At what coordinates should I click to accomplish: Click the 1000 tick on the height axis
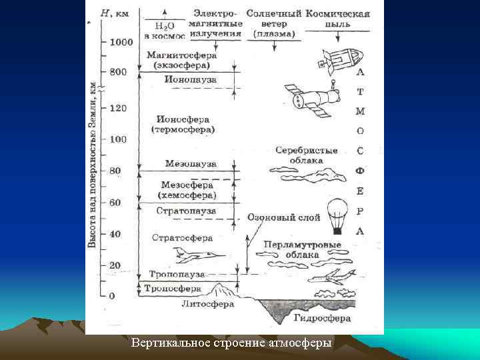click(x=121, y=42)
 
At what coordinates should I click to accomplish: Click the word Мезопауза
click(x=191, y=163)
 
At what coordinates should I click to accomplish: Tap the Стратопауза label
click(x=187, y=211)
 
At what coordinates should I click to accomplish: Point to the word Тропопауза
click(x=177, y=275)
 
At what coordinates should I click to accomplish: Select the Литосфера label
click(x=207, y=304)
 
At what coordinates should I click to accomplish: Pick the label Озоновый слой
click(x=283, y=217)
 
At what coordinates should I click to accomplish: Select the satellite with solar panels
click(x=310, y=99)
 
